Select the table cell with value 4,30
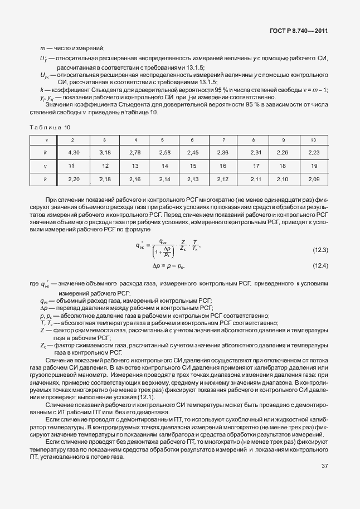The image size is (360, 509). pos(72,152)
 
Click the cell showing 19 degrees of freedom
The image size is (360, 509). pos(313,166)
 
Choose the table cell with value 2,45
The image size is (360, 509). pos(193,152)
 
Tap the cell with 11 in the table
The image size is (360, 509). pos(72,166)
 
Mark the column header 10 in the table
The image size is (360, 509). pos(313,139)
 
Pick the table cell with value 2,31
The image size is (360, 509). pos(256,152)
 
